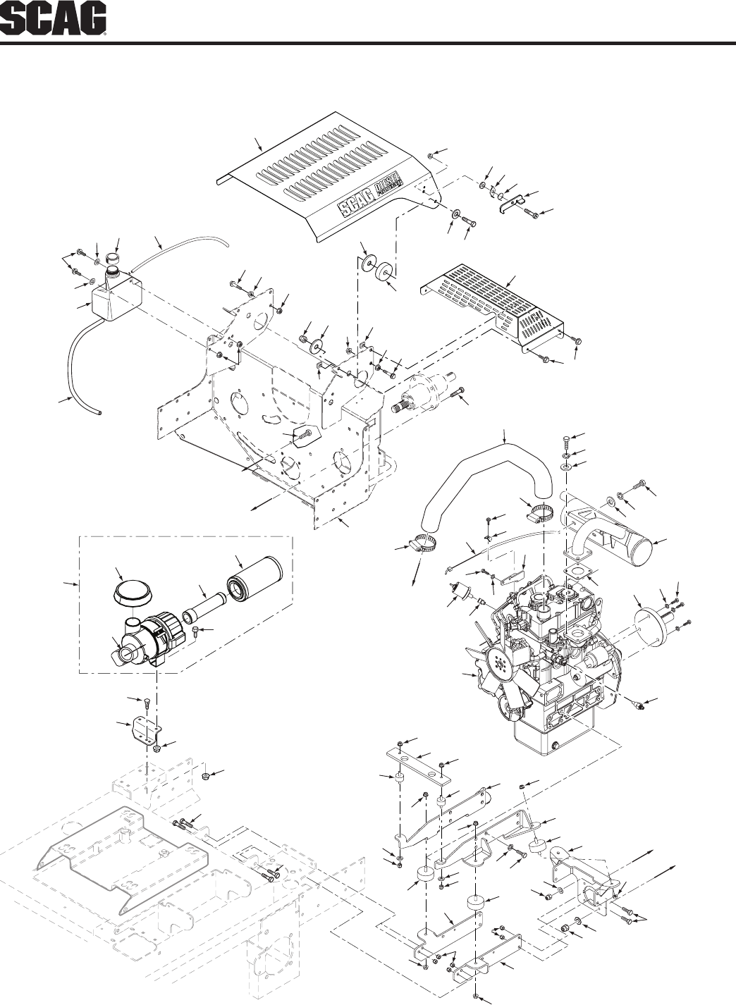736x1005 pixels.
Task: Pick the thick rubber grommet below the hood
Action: tap(384, 271)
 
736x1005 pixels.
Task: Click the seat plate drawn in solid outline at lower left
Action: tap(121, 855)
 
